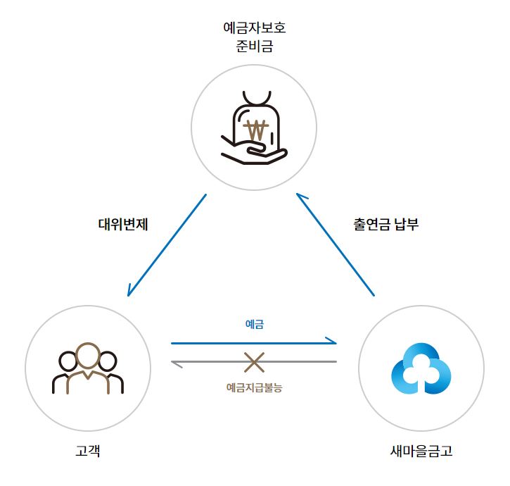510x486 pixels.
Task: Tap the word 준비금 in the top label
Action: [254, 48]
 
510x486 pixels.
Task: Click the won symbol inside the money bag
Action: [257, 130]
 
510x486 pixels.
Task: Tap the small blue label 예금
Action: [254, 325]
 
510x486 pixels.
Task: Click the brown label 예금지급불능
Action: [254, 387]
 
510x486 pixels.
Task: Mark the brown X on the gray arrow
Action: [254, 362]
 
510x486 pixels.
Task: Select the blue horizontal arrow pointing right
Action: [254, 343]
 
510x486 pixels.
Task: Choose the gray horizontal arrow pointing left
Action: [254, 362]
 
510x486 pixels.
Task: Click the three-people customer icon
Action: [87, 368]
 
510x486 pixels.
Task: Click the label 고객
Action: [87, 451]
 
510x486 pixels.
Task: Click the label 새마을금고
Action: [420, 451]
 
